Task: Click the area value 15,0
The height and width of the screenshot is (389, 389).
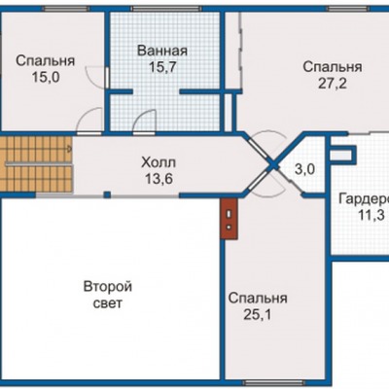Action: coord(46,77)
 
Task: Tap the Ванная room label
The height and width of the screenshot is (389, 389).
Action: coord(162,52)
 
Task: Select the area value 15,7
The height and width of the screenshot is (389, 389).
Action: coord(162,67)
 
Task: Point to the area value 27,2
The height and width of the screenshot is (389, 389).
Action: coord(333,84)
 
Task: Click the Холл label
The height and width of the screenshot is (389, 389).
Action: coord(159,162)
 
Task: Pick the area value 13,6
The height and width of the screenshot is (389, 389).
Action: coord(159,178)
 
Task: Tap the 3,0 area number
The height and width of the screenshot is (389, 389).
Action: coord(304,169)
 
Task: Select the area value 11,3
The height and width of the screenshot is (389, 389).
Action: coord(371,215)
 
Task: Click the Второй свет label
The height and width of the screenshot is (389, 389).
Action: coord(108,295)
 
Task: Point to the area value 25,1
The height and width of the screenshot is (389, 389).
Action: coord(258,314)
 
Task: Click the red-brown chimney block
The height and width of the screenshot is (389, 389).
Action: coord(230,219)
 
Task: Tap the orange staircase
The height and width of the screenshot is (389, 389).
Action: coord(36,164)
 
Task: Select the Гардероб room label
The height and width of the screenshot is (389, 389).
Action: coord(364,199)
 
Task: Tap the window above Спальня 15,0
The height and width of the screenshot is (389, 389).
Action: coord(66,9)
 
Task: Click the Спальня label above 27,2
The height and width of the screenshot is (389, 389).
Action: coord(333,67)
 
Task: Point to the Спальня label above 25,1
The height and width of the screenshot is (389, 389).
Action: coord(258,299)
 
